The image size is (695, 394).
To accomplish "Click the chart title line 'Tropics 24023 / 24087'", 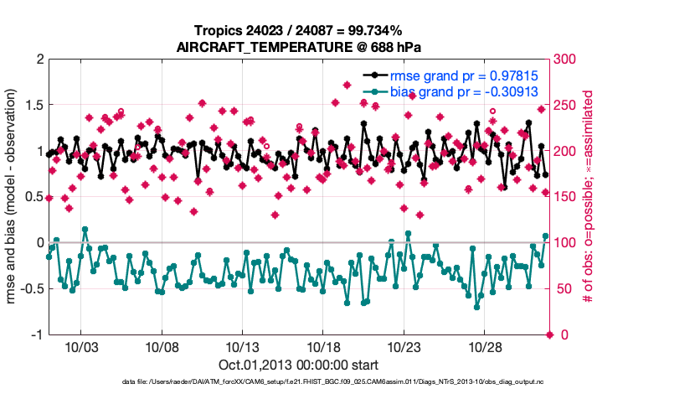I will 299,31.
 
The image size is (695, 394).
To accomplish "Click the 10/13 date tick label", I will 242,346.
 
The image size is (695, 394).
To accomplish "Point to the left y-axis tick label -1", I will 37,334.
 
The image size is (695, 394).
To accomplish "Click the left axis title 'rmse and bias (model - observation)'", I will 14,197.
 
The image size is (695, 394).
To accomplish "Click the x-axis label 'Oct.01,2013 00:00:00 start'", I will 299,365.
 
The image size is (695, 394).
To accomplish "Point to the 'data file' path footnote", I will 335,382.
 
